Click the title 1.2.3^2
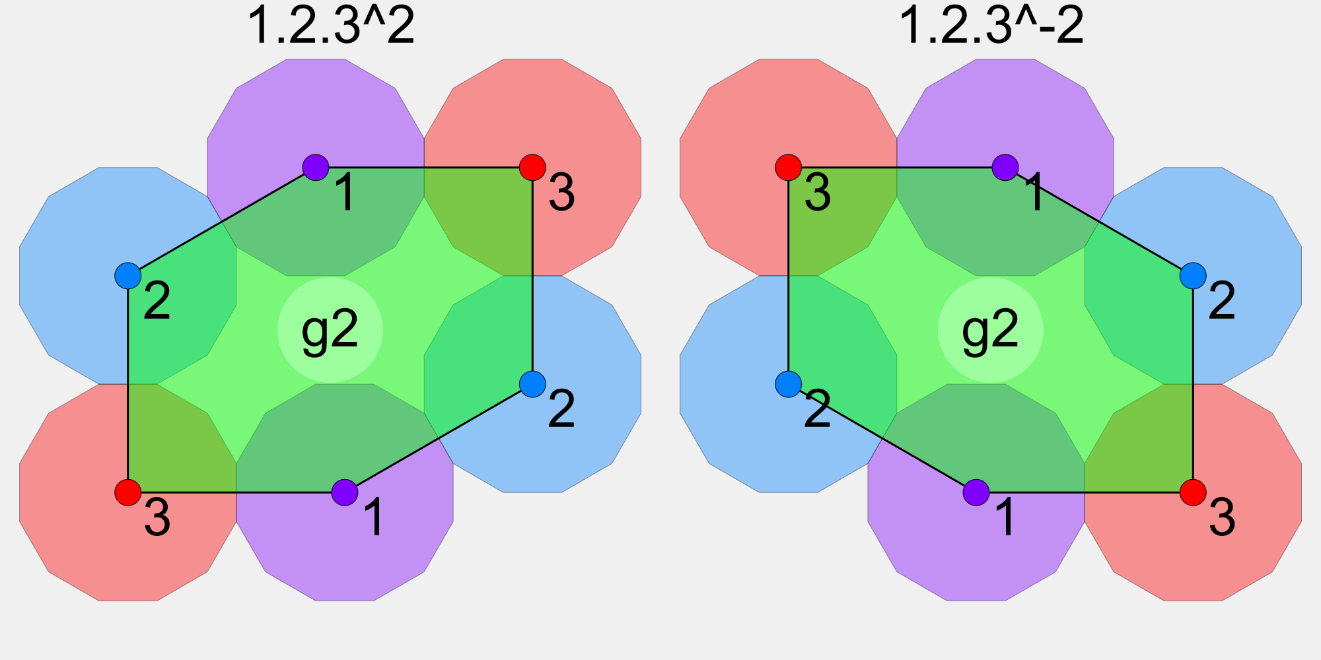coord(330,26)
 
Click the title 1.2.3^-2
coord(991,26)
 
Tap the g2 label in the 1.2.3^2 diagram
coord(330,331)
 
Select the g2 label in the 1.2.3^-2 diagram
coord(990,331)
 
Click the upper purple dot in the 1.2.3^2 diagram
coord(316,168)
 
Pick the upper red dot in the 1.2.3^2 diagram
coord(532,168)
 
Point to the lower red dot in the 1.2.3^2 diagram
coord(128,492)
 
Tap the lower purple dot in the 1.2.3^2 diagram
coord(345,492)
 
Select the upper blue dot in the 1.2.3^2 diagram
coord(128,276)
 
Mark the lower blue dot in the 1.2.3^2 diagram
coord(532,383)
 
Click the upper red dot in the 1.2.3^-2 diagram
coord(789,168)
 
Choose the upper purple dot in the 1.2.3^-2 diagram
coord(1005,168)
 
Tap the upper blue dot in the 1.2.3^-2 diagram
coord(1193,276)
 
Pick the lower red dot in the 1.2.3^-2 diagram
coord(1193,492)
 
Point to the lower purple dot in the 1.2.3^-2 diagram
coord(976,492)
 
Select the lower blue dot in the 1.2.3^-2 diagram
coord(789,383)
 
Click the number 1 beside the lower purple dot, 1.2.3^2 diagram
coord(374,518)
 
